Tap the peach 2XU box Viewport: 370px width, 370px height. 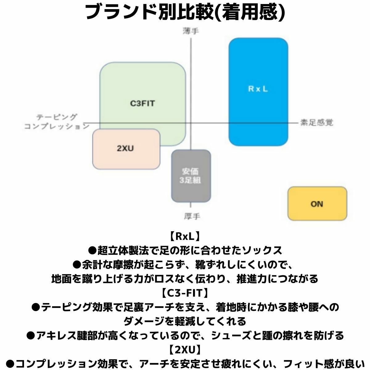pos(126,149)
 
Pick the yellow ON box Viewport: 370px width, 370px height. pos(317,203)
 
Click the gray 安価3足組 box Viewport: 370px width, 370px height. pos(191,176)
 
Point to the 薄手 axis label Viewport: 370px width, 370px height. pos(191,31)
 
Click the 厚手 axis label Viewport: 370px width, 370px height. pos(192,216)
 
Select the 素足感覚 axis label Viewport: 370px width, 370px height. pos(317,122)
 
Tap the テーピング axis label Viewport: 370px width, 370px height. pos(57,117)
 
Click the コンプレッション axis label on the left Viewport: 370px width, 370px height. pos(57,126)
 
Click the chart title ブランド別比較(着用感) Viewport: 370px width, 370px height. pos(185,12)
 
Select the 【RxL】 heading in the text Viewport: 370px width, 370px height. pos(185,236)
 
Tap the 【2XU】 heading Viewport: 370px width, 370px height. pos(185,350)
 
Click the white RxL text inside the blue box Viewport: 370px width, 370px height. pos(258,89)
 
